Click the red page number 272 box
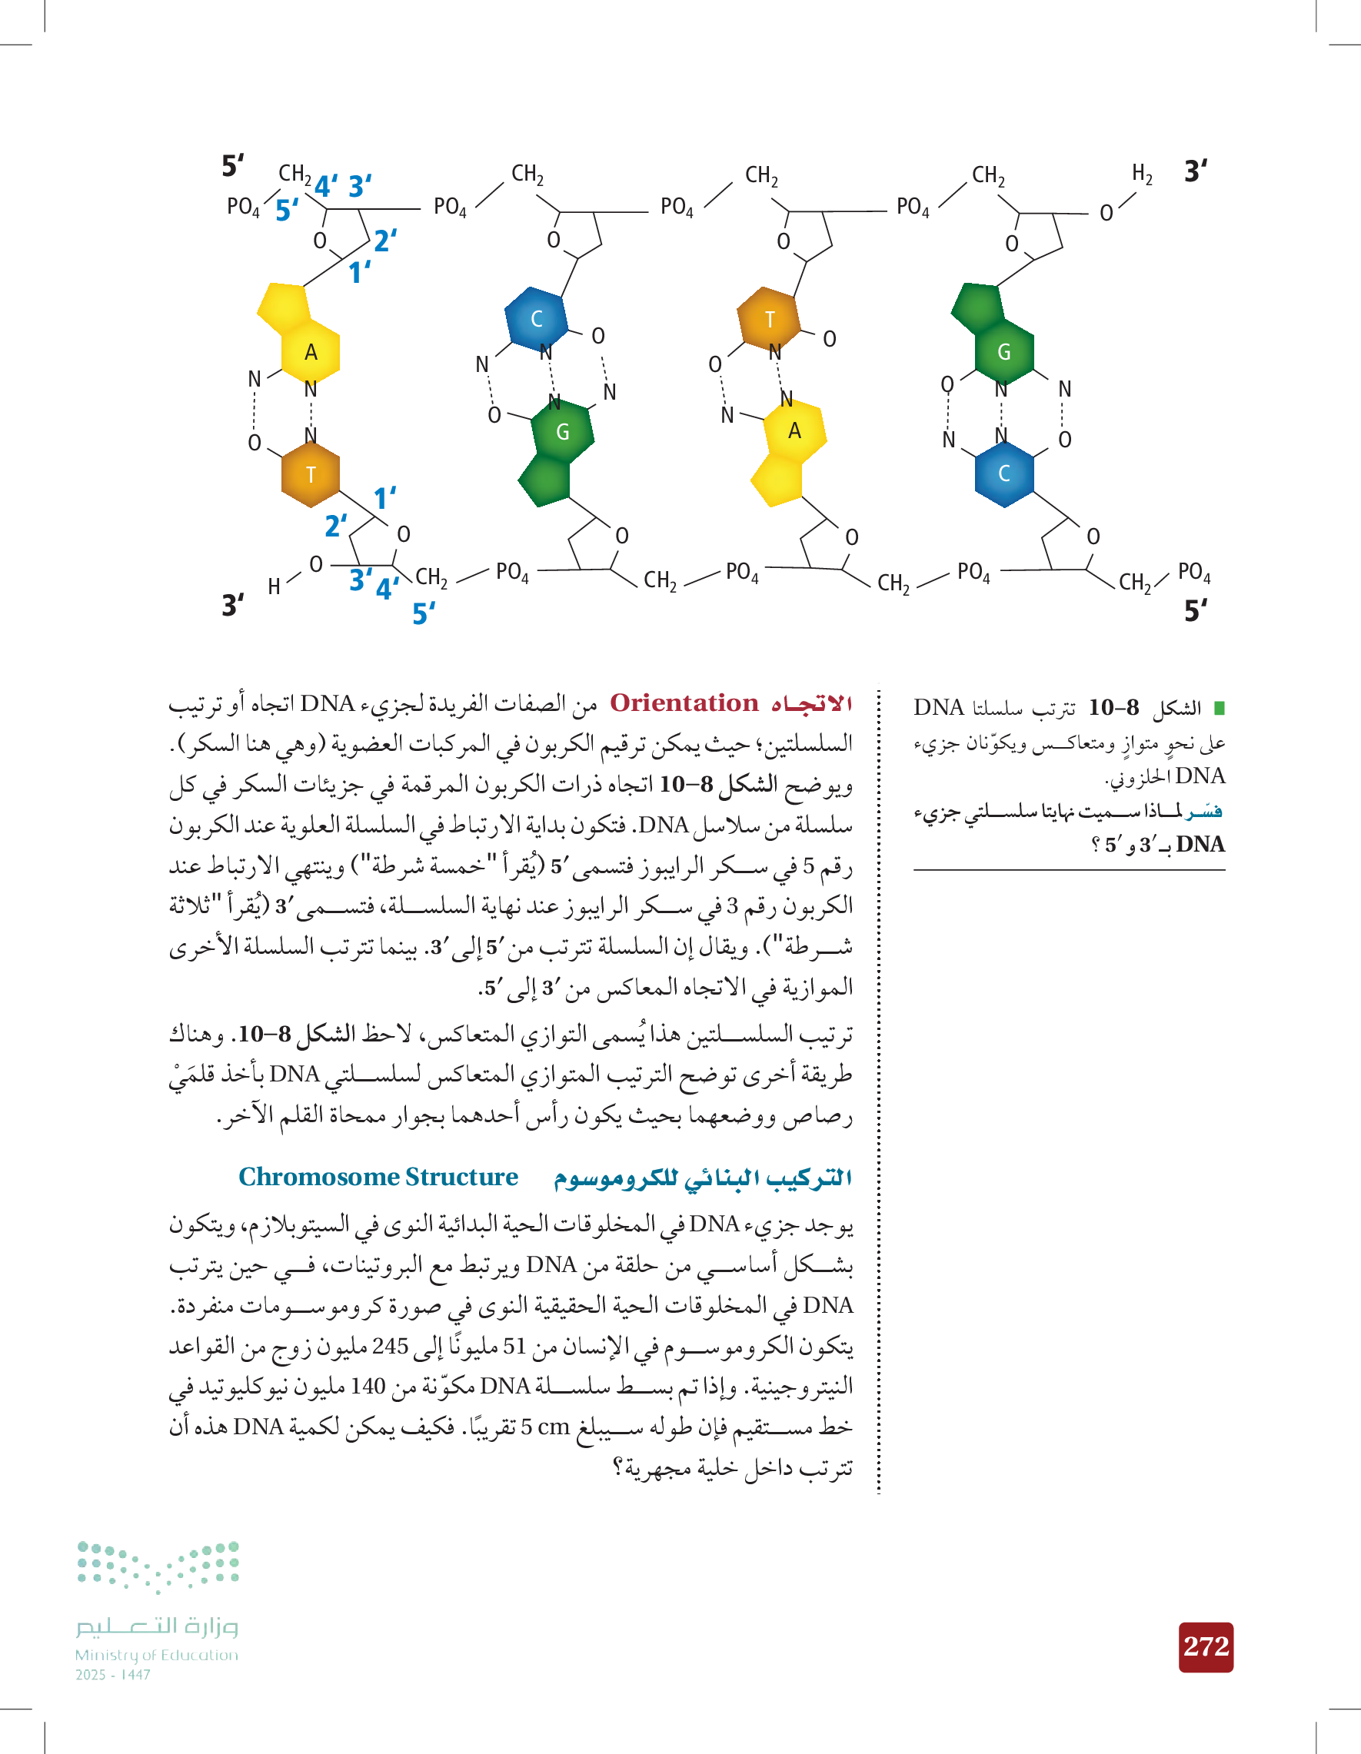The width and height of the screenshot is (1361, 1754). pos(1206,1647)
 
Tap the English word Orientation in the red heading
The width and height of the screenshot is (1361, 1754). pos(684,703)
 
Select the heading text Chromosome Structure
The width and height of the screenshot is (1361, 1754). pos(378,1178)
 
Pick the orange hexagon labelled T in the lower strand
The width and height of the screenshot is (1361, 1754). pos(311,475)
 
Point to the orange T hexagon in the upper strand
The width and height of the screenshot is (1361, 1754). pos(769,320)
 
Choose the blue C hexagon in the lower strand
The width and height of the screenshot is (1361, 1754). pos(1003,473)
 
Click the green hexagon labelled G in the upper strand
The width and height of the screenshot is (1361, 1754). pos(1003,352)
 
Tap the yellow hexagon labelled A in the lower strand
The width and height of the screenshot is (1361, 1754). pos(794,431)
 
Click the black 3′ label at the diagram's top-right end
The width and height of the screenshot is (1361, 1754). pos(1196,172)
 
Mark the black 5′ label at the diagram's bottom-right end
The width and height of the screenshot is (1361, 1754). pos(1196,611)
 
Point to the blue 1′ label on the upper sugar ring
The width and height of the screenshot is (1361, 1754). pos(359,273)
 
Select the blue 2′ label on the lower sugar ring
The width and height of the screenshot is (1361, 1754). pos(336,526)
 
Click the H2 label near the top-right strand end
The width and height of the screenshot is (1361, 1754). pos(1142,174)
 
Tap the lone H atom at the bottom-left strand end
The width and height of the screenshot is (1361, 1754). pos(274,587)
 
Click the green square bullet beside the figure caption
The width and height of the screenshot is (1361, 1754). pos(1219,709)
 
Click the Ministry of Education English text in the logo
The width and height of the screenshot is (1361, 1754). pos(157,1655)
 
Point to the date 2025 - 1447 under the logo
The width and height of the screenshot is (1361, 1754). pos(113,1676)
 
